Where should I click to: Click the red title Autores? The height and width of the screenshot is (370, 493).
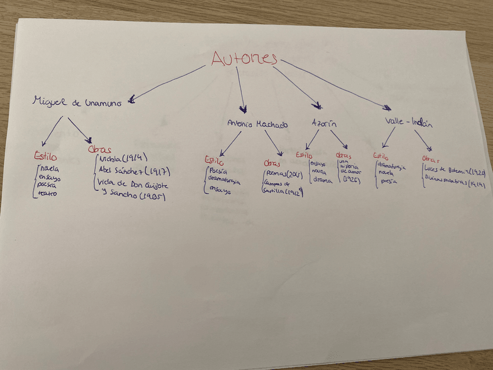click(244, 58)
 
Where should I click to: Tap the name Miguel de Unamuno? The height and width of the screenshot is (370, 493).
click(77, 102)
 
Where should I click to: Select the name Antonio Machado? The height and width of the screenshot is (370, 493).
click(257, 124)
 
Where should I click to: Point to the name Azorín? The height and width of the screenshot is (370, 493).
click(324, 124)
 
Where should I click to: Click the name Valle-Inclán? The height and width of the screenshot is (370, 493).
click(409, 123)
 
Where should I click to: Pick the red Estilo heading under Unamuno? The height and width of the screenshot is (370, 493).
click(43, 155)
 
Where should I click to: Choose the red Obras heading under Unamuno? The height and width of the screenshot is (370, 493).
click(99, 150)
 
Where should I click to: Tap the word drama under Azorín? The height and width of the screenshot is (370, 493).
click(322, 180)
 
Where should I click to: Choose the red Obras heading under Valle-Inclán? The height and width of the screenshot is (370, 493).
click(430, 159)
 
